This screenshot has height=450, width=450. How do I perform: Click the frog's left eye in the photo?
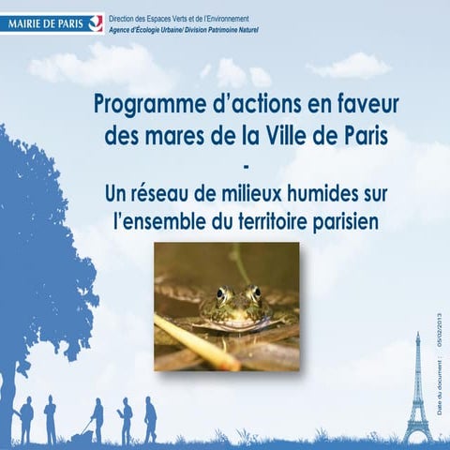click(222, 292)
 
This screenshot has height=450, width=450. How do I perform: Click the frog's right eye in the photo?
click(250, 292)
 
